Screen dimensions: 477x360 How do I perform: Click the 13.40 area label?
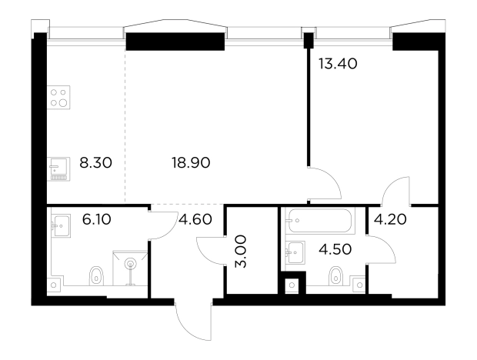click(338, 64)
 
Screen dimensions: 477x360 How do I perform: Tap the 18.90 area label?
click(191, 162)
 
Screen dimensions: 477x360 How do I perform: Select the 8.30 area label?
click(96, 162)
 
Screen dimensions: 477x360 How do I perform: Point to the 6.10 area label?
click(96, 219)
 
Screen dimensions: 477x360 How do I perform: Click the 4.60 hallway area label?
click(195, 219)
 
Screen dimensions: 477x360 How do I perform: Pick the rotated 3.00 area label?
click(242, 251)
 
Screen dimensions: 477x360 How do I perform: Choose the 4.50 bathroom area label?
click(335, 249)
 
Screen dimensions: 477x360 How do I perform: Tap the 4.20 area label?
click(390, 219)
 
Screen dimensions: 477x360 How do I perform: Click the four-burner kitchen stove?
click(58, 97)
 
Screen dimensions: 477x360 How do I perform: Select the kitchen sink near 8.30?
click(58, 169)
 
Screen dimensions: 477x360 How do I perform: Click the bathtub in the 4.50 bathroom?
click(320, 221)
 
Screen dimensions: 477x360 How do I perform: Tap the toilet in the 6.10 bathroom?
click(96, 276)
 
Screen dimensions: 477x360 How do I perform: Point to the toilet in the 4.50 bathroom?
click(336, 276)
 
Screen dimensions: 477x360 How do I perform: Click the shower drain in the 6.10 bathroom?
click(131, 264)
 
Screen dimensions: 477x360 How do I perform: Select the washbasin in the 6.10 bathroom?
click(61, 226)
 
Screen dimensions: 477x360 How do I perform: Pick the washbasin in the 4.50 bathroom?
click(295, 252)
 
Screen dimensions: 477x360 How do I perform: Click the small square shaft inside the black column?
click(292, 285)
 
